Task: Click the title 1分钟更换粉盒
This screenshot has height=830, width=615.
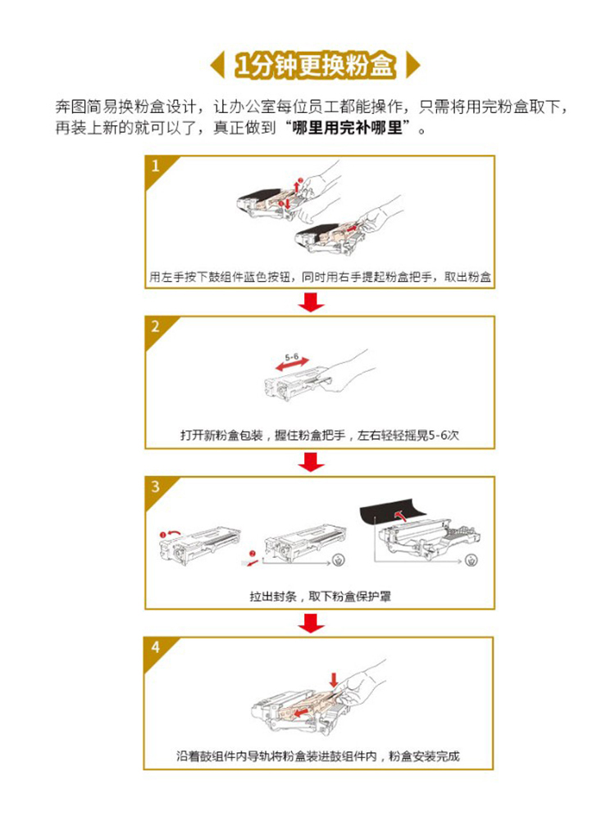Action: (x=316, y=66)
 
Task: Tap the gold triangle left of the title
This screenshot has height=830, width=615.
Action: (x=218, y=66)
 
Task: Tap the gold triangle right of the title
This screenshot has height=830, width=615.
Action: (x=413, y=66)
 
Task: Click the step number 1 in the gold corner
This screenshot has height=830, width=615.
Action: (x=156, y=166)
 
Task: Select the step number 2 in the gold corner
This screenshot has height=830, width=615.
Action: (x=155, y=326)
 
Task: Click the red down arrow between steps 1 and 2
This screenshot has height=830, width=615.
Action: (x=311, y=302)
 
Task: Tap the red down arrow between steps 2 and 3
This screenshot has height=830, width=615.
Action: (x=311, y=462)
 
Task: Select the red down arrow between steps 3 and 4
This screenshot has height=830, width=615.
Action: (x=311, y=623)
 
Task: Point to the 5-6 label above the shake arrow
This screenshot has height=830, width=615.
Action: (x=292, y=356)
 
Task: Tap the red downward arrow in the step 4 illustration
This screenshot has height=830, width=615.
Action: (x=334, y=680)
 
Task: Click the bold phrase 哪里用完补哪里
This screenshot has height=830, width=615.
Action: (x=348, y=128)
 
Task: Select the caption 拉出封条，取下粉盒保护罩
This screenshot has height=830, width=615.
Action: (x=320, y=596)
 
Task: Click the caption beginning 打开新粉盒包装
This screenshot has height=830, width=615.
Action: (x=320, y=436)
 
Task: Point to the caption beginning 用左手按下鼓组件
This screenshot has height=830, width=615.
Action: (x=320, y=277)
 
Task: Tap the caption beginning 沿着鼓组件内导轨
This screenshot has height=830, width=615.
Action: (x=318, y=756)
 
